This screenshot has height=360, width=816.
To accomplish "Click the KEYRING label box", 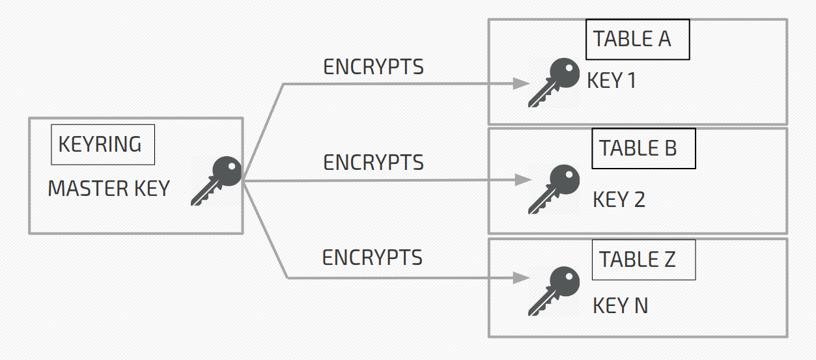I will (102, 144).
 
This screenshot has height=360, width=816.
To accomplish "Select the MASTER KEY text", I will (109, 189).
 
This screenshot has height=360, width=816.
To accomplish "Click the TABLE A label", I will (637, 40).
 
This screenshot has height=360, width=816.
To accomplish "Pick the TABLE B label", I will (643, 148).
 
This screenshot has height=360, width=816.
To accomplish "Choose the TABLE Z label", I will (643, 260).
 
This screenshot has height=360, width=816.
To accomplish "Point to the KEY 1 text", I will (611, 81).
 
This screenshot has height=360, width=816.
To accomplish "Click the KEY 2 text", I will (619, 199).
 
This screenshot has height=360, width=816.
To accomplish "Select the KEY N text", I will (620, 305).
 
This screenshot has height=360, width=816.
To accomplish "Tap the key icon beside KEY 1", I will (554, 83).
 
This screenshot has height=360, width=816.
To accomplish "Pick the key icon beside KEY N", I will (554, 291).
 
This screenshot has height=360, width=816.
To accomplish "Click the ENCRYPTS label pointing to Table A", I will (373, 66).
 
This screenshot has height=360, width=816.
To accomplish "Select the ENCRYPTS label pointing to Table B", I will (373, 162).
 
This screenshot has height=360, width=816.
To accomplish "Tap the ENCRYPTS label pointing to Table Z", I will (372, 258).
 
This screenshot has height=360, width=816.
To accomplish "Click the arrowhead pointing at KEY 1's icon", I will (521, 83).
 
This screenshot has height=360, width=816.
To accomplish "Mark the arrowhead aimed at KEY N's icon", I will (521, 278).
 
